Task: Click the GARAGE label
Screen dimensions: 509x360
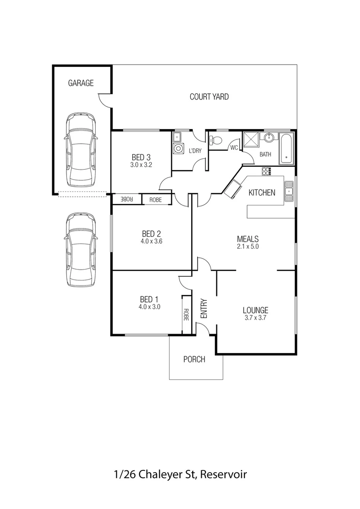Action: coord(81,83)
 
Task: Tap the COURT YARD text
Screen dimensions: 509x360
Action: coord(209,97)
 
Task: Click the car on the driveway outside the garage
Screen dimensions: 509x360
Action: coord(81,250)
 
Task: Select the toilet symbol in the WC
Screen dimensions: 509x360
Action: coord(216,140)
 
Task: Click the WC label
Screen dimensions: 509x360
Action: coord(234,148)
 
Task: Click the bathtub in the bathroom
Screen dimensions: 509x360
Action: coord(286,148)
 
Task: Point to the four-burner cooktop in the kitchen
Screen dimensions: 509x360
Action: coord(267,172)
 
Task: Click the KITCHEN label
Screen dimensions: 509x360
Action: coord(262,193)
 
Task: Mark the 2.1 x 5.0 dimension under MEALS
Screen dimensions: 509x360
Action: coord(248,246)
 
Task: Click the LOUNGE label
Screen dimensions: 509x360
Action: coord(255,310)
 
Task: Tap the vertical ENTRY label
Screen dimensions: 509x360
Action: coord(204,309)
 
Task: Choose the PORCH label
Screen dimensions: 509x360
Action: coord(194,360)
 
